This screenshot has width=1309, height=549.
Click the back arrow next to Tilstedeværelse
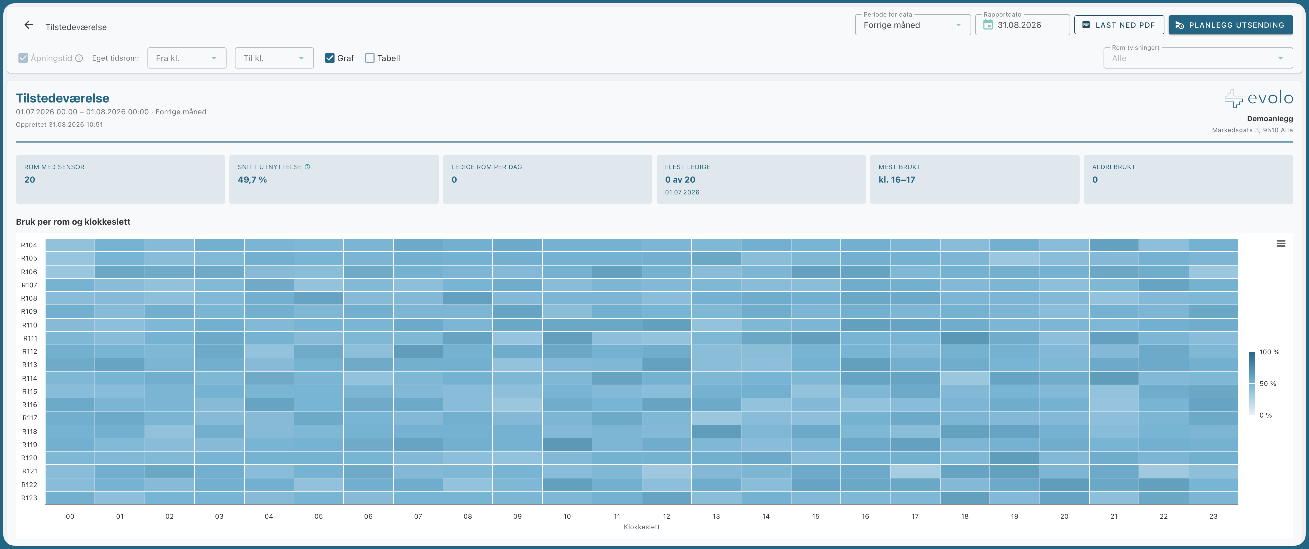click(x=28, y=25)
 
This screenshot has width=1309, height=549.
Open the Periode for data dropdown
click(x=913, y=25)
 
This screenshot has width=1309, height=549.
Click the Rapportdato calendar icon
click(x=988, y=25)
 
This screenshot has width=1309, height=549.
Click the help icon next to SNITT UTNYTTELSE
click(x=307, y=167)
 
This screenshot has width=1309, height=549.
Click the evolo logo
click(x=1258, y=98)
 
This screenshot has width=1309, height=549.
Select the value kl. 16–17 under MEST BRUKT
click(x=897, y=179)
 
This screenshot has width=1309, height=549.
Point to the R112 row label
click(x=29, y=351)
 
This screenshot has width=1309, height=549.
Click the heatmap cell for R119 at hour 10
click(x=567, y=444)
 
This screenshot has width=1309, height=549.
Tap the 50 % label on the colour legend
click(x=1268, y=383)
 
